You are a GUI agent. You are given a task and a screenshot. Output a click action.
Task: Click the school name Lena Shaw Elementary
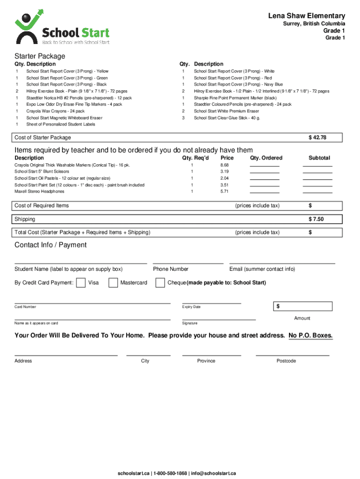click(x=306, y=16)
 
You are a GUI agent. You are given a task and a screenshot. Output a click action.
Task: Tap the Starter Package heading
click(x=39, y=56)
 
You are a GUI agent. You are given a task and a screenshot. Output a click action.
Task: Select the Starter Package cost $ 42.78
click(x=317, y=138)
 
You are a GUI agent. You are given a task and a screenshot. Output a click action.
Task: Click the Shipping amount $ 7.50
click(x=316, y=219)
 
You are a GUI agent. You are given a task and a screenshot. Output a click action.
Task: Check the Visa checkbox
click(x=80, y=283)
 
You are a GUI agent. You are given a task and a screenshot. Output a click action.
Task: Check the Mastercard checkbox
click(x=113, y=283)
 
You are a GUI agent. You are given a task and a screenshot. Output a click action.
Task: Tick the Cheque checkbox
click(x=160, y=283)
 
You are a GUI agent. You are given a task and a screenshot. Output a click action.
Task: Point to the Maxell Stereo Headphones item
click(x=39, y=191)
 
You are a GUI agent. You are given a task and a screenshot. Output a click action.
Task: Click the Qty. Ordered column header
click(x=266, y=158)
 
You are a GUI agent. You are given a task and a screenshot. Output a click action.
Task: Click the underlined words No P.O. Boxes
click(x=310, y=335)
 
